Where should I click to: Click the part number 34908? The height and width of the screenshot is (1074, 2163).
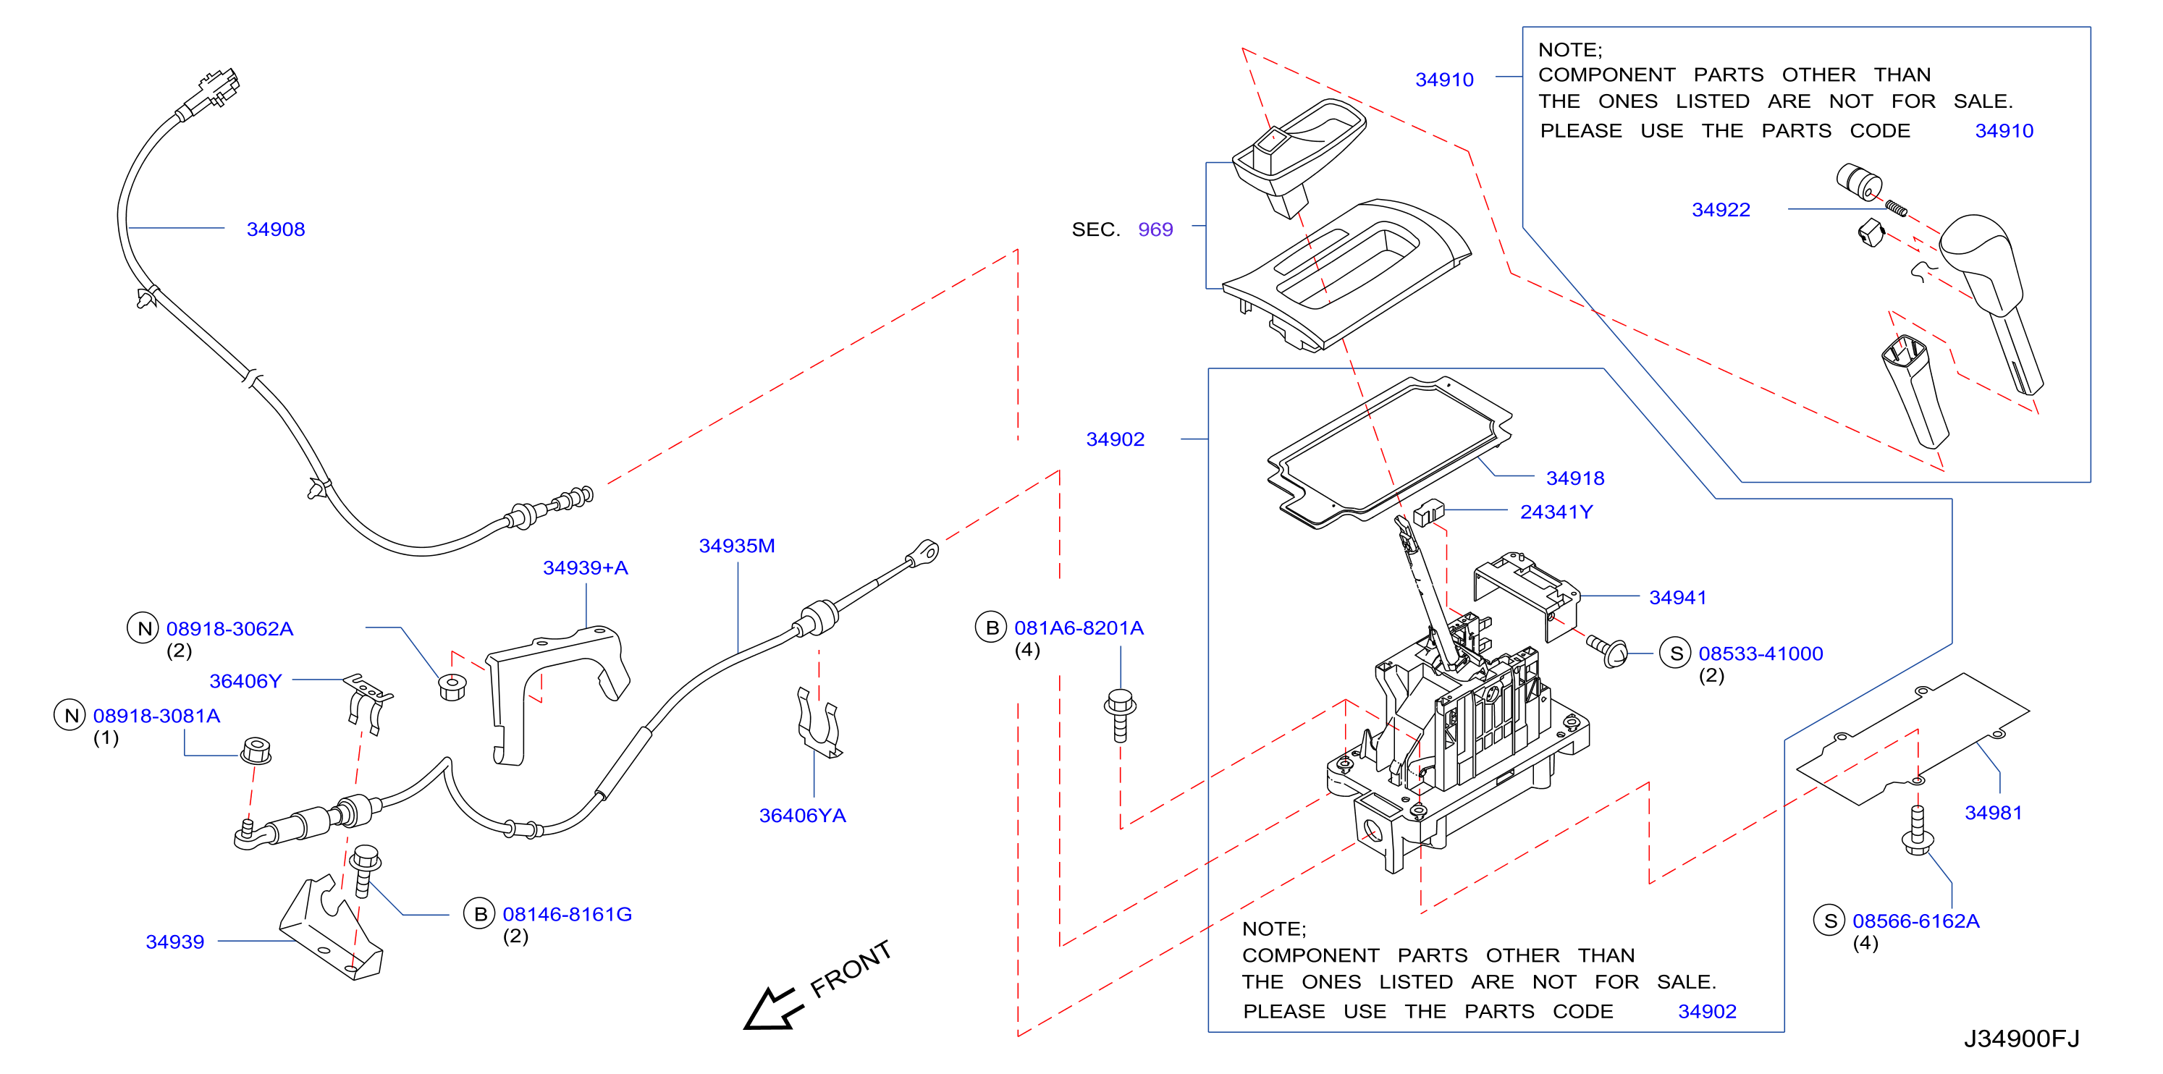275,229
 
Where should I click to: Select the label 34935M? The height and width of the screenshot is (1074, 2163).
737,546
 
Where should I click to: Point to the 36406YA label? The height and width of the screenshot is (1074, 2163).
803,816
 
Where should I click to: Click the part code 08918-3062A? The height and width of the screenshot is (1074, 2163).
230,629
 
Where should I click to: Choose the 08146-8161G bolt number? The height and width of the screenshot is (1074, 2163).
568,915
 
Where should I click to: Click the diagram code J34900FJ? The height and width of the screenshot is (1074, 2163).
2022,1039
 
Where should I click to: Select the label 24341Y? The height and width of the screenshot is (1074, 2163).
1556,512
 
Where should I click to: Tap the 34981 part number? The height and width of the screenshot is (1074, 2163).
1994,813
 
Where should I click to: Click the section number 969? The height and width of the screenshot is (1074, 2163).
1155,229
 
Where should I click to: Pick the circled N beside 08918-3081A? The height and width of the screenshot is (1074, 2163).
70,716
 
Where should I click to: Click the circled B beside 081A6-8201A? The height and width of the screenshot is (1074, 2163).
991,627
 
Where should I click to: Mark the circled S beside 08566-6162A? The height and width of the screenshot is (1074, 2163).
1830,921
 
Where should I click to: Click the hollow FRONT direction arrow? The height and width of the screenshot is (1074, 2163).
772,1008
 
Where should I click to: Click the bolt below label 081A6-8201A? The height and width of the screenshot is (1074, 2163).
1120,716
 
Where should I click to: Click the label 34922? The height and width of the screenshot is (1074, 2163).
1721,210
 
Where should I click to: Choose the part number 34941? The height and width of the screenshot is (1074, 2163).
1678,598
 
